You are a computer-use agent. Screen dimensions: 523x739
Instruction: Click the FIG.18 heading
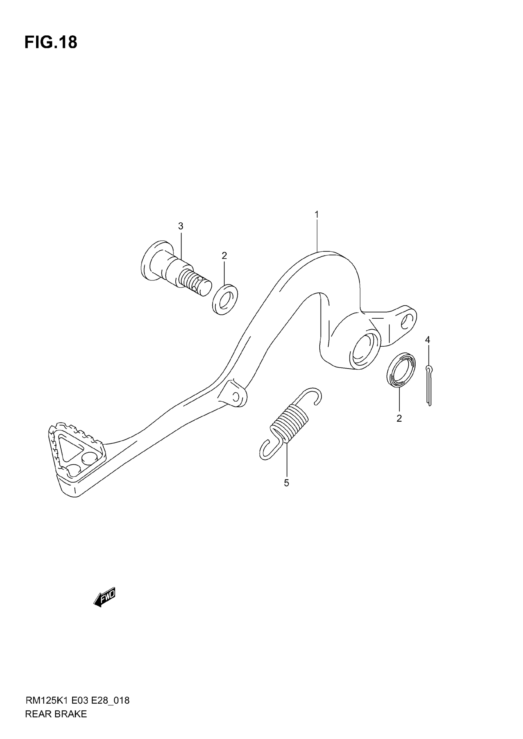point(51,42)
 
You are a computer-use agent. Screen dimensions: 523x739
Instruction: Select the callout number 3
point(181,226)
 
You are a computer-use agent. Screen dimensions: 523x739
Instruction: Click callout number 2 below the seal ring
point(399,419)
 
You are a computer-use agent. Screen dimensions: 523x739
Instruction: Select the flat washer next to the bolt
point(225,299)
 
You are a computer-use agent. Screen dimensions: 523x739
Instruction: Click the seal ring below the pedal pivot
point(401,369)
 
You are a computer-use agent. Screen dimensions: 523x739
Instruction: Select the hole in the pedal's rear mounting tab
point(407,321)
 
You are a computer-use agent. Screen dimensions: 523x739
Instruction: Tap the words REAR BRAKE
point(56,714)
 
